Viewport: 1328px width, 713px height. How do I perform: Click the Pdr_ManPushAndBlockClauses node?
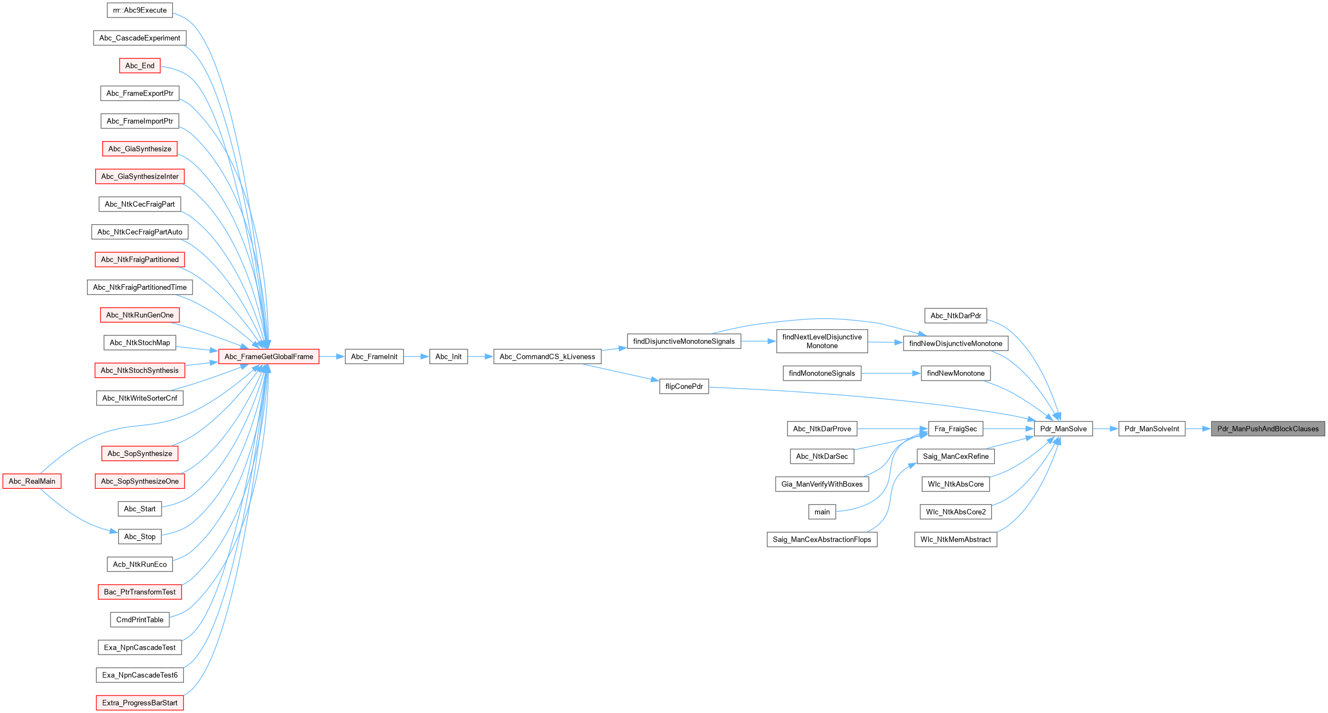point(1268,429)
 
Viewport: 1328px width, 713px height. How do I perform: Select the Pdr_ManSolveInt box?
point(1152,429)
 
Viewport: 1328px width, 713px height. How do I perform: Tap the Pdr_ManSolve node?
point(1063,429)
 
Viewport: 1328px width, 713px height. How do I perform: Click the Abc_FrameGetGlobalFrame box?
point(269,356)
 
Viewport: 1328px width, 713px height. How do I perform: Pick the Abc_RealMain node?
point(32,481)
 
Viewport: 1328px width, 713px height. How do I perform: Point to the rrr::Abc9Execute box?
point(139,10)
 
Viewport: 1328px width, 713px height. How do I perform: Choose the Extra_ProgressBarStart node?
point(139,703)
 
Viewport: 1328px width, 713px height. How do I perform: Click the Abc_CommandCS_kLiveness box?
point(547,356)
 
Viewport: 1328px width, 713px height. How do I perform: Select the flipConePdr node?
point(684,386)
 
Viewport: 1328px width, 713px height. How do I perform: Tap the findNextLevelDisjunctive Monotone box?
point(822,341)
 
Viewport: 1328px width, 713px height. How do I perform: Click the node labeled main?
point(822,512)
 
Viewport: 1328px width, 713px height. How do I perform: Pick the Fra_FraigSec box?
point(956,429)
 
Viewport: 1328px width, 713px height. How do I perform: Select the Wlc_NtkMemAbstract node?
point(956,540)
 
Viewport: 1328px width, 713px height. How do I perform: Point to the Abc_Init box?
point(449,356)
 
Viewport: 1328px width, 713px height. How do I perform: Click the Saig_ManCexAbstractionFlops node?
point(822,540)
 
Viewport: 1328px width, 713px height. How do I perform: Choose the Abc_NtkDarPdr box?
point(956,315)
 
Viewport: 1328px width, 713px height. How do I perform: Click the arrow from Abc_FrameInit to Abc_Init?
point(416,356)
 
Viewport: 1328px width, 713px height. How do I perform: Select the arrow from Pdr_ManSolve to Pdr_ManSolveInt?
point(1105,429)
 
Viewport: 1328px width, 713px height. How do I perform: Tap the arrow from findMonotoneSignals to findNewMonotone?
point(891,373)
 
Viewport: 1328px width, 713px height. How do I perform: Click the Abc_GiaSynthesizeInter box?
point(139,177)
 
